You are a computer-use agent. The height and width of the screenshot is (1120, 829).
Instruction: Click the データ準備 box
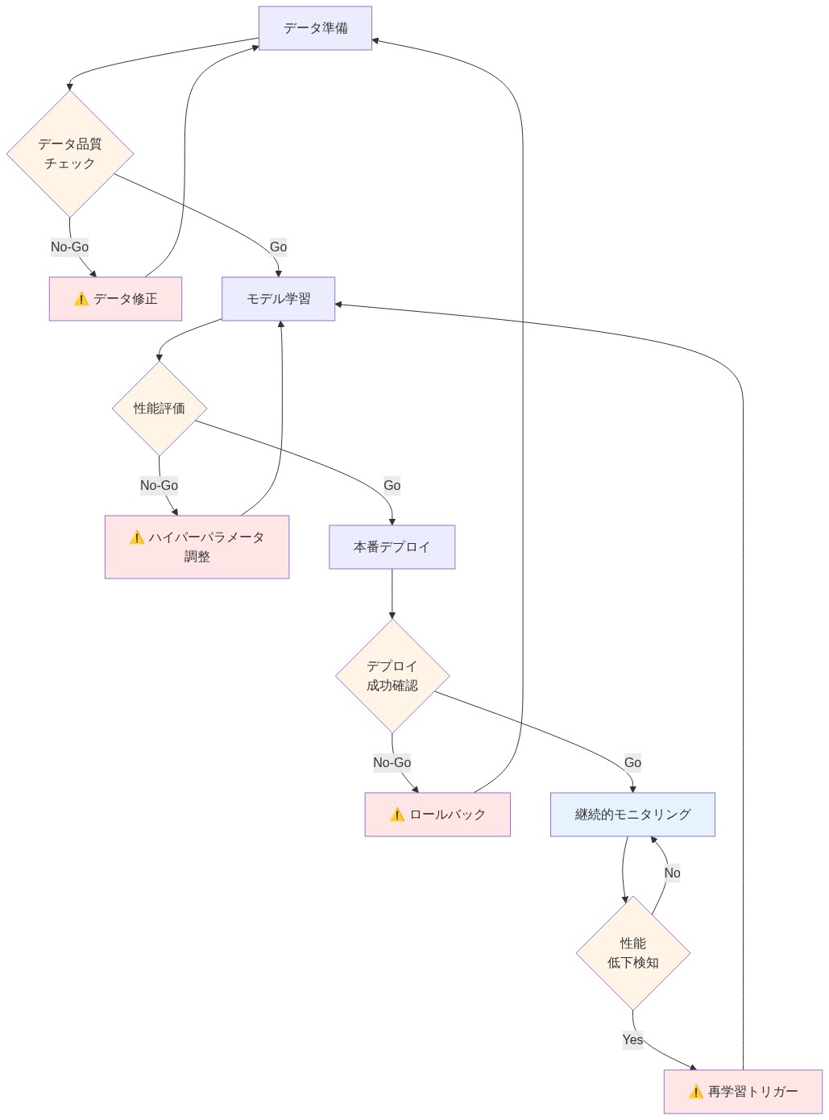315,28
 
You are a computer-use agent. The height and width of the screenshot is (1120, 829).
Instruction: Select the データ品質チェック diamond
70,153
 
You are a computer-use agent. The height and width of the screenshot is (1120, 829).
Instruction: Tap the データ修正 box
115,299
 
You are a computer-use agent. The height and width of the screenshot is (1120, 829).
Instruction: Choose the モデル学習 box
278,299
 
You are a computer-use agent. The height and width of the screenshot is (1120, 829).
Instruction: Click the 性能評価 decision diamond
160,409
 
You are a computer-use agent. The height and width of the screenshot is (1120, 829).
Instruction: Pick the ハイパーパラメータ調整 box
197,547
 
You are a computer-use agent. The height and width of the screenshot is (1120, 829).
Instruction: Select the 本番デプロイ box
392,547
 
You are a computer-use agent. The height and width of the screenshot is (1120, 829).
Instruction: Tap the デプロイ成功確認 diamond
392,675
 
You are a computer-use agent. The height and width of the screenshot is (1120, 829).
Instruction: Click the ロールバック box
437,815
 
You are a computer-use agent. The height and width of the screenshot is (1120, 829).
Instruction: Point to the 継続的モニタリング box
632,815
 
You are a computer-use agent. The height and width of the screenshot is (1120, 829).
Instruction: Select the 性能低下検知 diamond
633,953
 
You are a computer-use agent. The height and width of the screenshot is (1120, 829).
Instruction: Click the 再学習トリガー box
743,1092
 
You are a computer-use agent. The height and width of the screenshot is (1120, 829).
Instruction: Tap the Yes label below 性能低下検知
632,1039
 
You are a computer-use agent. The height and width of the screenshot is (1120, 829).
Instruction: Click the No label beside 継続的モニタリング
672,873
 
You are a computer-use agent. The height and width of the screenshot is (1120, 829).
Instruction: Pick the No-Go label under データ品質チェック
70,247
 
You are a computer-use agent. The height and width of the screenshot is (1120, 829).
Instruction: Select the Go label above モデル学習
278,247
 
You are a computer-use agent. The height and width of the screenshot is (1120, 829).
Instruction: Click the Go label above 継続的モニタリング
632,762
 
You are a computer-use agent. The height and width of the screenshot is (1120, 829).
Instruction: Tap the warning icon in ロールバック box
397,815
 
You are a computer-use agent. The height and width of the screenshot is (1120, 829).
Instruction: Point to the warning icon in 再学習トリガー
696,1092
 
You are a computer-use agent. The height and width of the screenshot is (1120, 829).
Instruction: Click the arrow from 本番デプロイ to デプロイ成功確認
392,594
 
